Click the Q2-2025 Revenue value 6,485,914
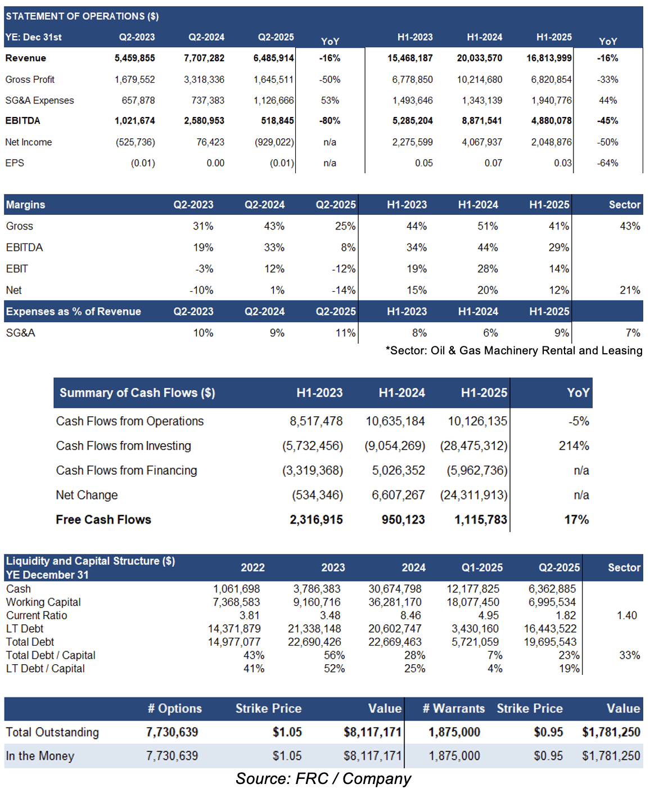[x=273, y=58]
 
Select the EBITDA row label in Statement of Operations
[x=22, y=121]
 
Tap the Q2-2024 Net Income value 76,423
[x=210, y=142]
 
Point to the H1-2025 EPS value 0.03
[x=562, y=163]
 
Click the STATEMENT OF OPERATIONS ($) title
[x=82, y=16]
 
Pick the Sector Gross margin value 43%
[x=630, y=226]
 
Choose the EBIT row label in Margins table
[x=17, y=269]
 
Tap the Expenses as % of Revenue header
[x=73, y=312]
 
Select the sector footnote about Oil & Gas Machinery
[x=513, y=350]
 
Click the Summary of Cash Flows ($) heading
[x=137, y=393]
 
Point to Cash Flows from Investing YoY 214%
[x=574, y=445]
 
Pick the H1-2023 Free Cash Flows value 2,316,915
[x=316, y=520]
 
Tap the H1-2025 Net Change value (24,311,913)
[x=473, y=495]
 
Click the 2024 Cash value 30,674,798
[x=395, y=589]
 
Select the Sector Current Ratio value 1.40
[x=627, y=615]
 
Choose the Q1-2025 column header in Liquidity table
[x=482, y=567]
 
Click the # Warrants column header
[x=454, y=709]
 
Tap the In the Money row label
[x=40, y=756]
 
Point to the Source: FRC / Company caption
[x=323, y=779]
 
